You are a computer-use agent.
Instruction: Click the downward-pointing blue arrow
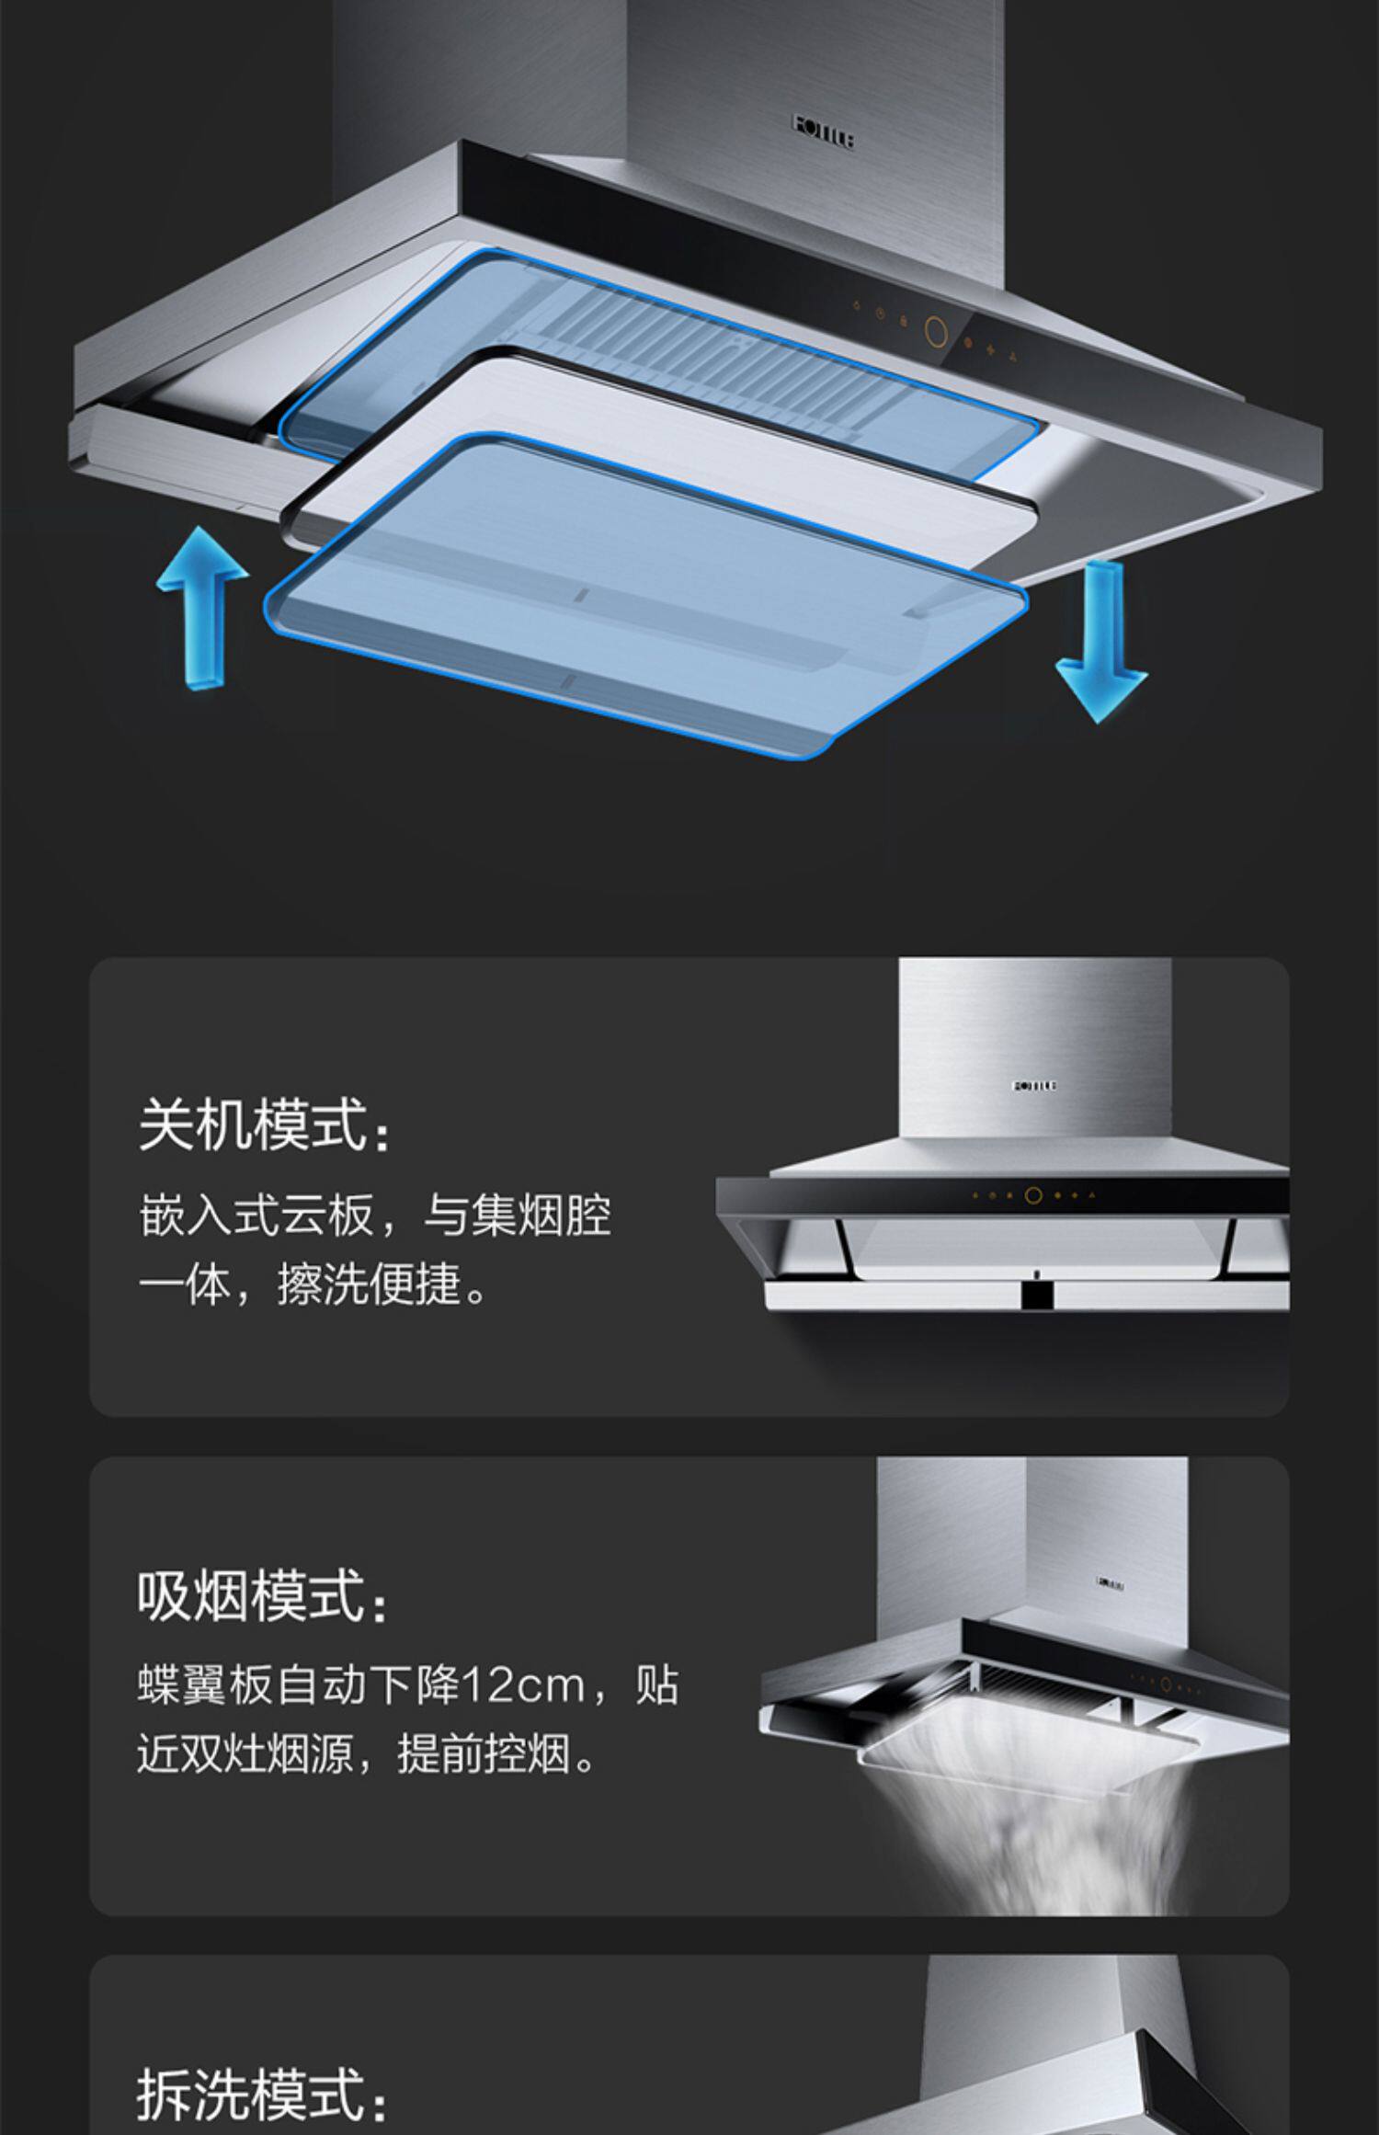coord(1101,644)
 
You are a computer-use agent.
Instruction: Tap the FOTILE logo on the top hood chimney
coord(824,131)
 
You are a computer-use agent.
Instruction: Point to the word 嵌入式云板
coord(256,1216)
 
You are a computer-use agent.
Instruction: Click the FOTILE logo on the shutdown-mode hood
coord(1035,1086)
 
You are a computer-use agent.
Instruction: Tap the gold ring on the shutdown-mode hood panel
coord(1034,1196)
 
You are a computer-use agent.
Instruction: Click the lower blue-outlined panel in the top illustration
coord(644,588)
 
